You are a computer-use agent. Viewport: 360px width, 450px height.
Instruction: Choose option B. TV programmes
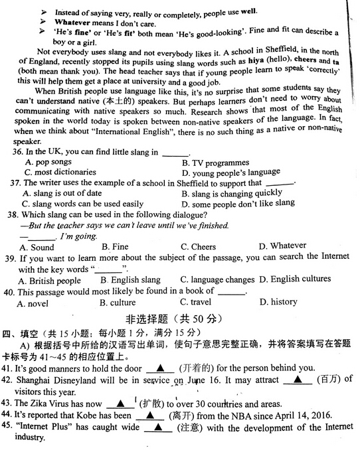tap(215, 163)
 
